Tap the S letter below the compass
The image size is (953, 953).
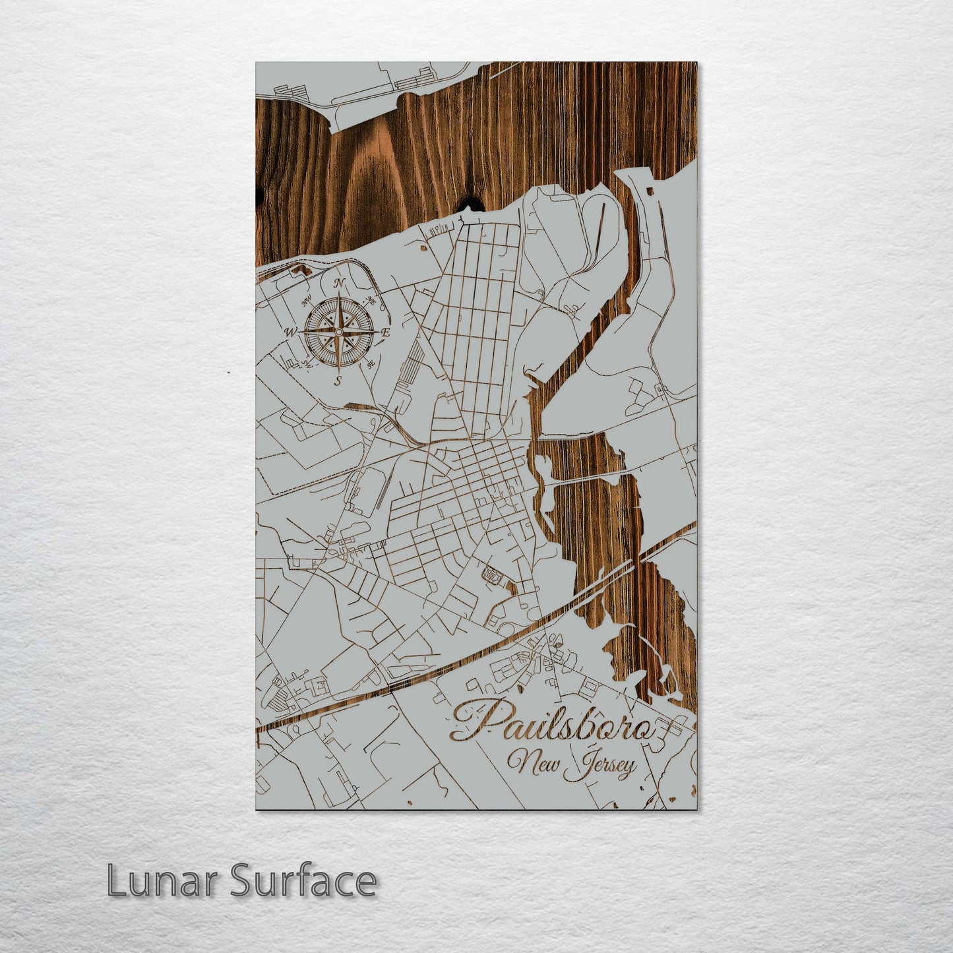[338, 381]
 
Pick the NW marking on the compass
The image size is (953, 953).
[307, 302]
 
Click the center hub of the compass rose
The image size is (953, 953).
[338, 332]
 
